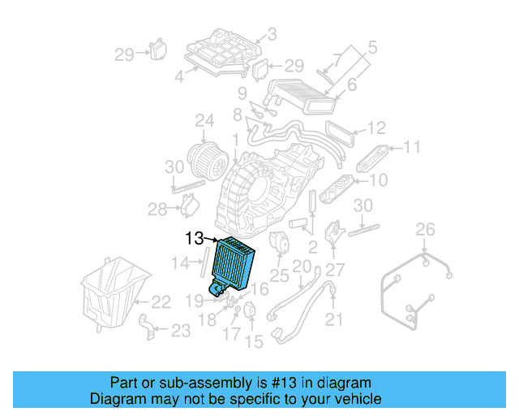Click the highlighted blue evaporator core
[x=234, y=264]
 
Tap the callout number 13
[x=195, y=239]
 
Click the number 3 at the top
[x=272, y=34]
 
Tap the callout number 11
[x=414, y=148]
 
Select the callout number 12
[x=375, y=128]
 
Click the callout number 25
[x=279, y=276]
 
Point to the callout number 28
[x=157, y=210]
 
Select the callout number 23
[x=180, y=330]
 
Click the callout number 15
[x=254, y=342]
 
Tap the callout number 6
[x=352, y=84]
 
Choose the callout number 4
[x=179, y=79]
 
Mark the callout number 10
[x=379, y=180]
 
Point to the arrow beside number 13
[x=212, y=240]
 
